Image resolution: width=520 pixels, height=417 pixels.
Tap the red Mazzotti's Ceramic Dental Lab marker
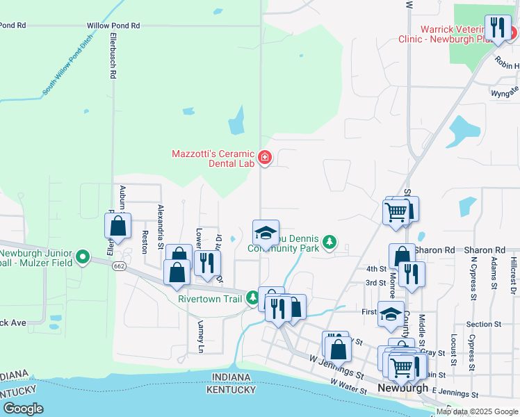click(x=264, y=158)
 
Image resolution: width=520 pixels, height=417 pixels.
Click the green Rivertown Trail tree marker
click(x=253, y=299)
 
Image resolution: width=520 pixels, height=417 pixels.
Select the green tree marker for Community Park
click(x=330, y=243)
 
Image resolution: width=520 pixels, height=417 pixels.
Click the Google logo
click(x=23, y=408)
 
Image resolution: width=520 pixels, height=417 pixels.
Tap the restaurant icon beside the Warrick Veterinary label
click(x=497, y=28)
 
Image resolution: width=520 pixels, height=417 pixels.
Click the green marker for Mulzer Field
click(x=83, y=257)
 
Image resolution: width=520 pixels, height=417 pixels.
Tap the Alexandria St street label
click(x=161, y=227)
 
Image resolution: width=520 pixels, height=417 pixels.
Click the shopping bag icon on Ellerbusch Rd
click(x=118, y=226)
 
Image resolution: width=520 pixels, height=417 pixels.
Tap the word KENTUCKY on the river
click(x=231, y=390)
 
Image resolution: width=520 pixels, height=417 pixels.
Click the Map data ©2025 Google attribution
click(x=476, y=411)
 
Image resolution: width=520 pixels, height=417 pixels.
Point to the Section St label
click(x=479, y=325)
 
